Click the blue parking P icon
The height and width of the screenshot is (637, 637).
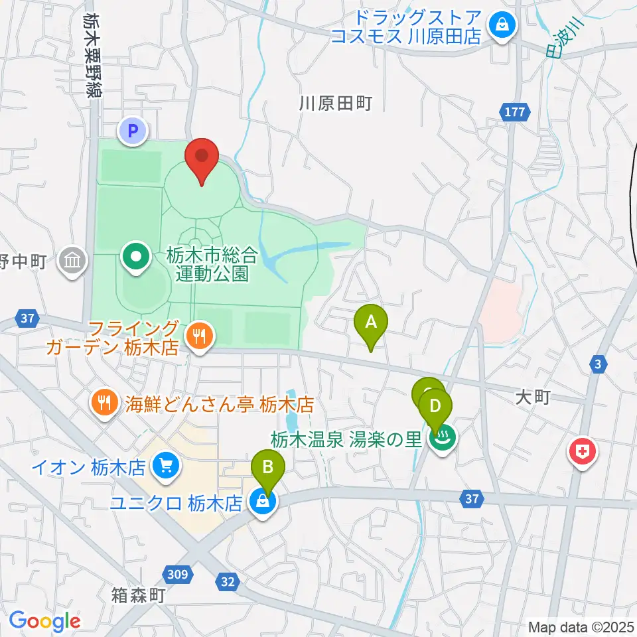coord(133,131)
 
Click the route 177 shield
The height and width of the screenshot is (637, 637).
coord(516,112)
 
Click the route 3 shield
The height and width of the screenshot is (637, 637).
coord(598,363)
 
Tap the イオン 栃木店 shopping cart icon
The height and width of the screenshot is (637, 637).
coord(165,466)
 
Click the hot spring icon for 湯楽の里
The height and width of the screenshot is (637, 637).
coord(441,438)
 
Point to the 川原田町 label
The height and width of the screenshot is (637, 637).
coord(335,104)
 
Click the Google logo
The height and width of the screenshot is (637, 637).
coord(44,621)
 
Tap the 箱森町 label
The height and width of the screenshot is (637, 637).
coord(138,595)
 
